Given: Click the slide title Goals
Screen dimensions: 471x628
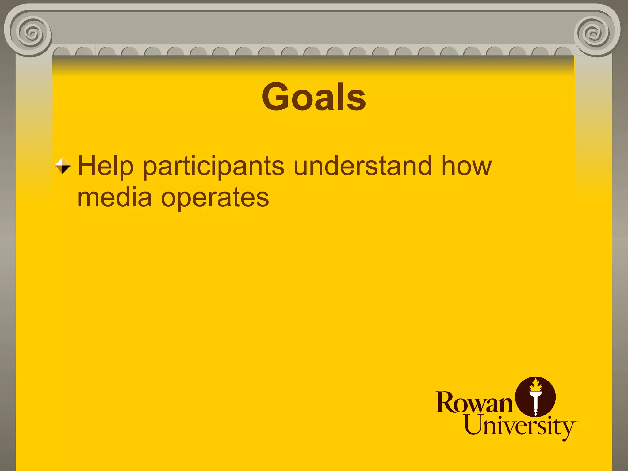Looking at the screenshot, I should pos(314,97).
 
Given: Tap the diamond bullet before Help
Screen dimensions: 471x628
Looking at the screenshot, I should pos(63,166).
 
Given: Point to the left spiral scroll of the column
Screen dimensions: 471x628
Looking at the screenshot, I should pos(31,32).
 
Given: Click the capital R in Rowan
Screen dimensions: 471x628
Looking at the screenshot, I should pos(445,402).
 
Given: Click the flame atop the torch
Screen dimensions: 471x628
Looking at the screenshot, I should pos(536,385).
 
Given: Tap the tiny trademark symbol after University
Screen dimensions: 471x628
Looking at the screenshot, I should pos(578,422).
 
